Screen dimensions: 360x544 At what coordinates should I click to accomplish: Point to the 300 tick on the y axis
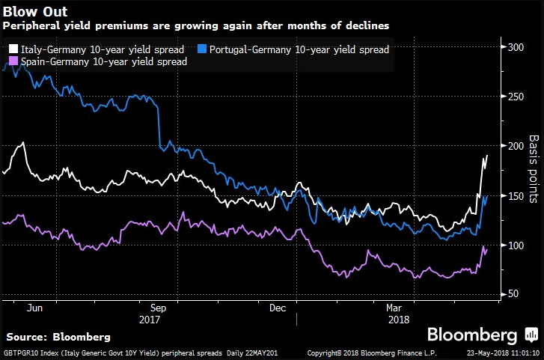516,47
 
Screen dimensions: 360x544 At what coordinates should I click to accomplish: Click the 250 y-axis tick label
516,97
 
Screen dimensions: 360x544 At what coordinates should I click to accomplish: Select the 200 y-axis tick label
516,146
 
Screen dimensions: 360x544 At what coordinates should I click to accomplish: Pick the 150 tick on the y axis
516,195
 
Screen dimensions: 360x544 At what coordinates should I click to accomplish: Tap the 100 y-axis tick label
516,245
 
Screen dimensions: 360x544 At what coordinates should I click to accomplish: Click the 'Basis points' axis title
534,169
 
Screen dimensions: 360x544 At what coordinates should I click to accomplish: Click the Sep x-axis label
159,307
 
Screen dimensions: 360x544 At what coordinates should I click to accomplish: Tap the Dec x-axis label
278,307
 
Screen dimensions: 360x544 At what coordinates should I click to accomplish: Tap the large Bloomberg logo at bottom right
471,334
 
